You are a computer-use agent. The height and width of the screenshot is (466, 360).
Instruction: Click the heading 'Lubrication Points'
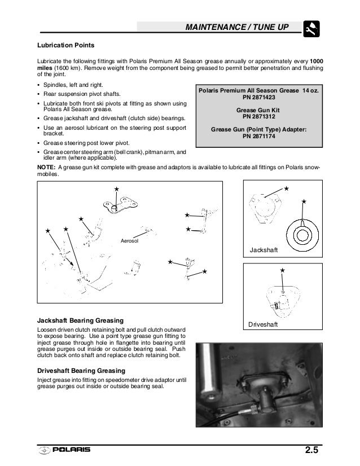click(65, 45)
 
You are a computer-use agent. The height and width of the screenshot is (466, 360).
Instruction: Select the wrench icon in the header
click(312, 27)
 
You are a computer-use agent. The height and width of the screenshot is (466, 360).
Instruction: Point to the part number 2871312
click(258, 117)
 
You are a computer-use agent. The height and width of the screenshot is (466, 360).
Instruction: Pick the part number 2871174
click(258, 136)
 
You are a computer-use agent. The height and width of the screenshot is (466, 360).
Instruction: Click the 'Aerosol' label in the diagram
click(129, 241)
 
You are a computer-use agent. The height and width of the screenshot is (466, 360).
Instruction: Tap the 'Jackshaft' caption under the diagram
click(265, 249)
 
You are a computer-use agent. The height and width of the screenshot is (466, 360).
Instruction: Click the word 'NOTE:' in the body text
click(47, 168)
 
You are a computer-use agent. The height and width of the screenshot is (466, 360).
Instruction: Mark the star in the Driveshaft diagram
click(282, 271)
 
